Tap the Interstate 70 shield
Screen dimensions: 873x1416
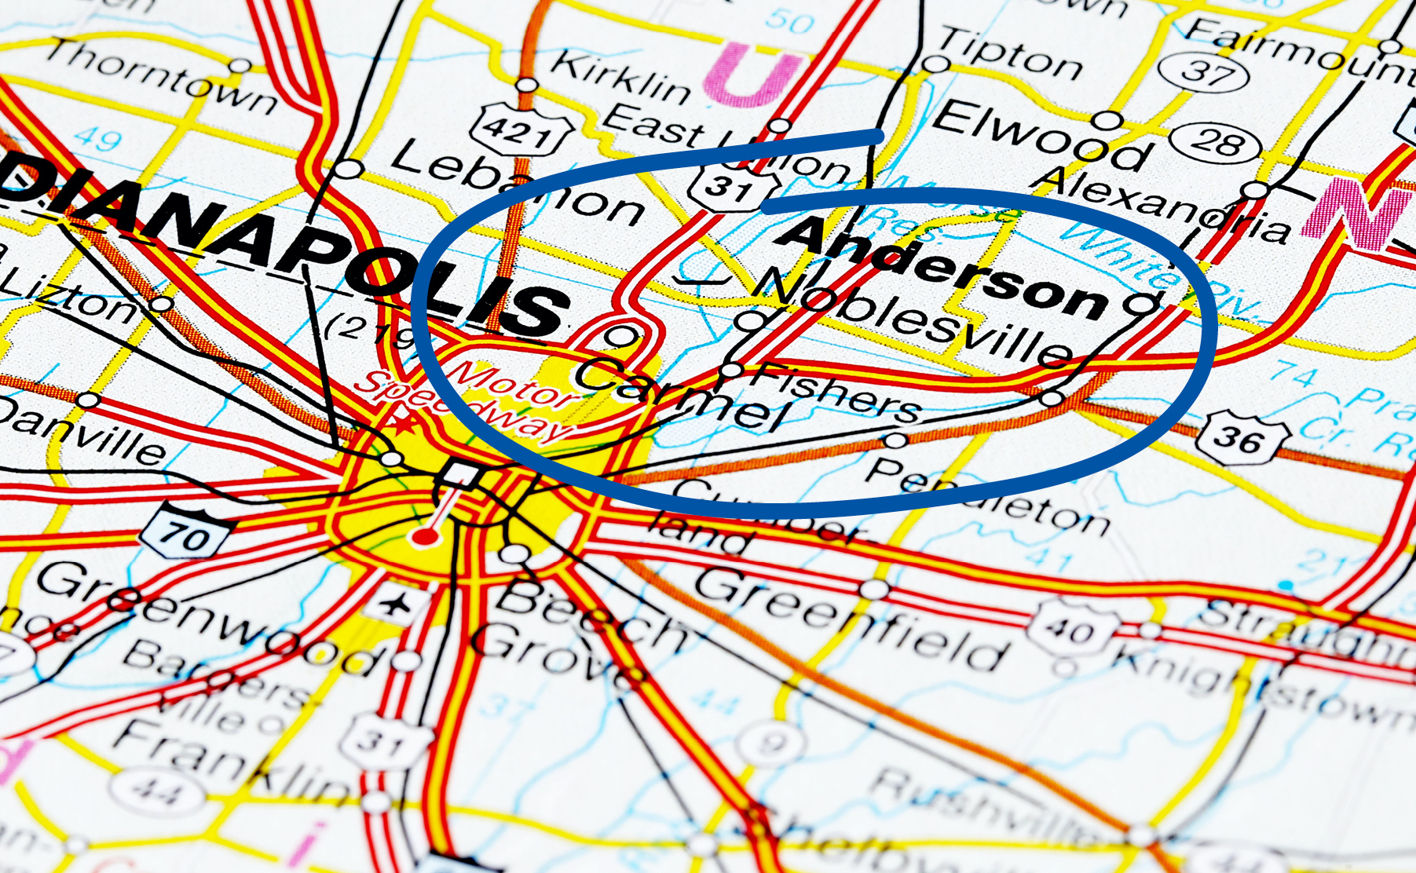[185, 535]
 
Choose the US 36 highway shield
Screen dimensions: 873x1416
[1241, 436]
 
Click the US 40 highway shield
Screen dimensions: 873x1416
[1073, 629]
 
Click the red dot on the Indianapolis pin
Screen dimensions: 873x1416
[425, 537]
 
